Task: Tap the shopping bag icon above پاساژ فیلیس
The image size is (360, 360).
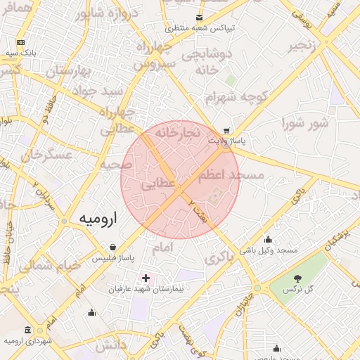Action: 113,247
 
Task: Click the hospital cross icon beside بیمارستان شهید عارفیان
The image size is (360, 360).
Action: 146,278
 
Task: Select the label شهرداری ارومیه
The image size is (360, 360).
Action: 28,341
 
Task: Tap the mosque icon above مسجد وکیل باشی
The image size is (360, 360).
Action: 268,239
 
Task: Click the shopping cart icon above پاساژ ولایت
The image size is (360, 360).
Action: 226,130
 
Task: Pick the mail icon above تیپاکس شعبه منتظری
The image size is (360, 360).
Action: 200,17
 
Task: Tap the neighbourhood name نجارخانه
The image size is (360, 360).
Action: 179,132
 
